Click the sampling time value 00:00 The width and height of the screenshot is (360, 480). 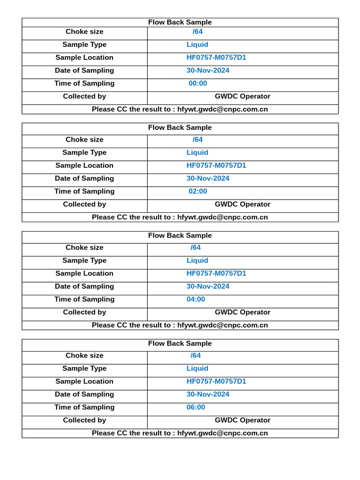click(x=197, y=83)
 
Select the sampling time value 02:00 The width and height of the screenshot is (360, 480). click(x=197, y=191)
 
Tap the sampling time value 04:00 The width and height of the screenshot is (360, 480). click(x=195, y=299)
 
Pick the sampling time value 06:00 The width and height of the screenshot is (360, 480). click(x=195, y=407)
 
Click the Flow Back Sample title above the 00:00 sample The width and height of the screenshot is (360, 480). click(x=180, y=22)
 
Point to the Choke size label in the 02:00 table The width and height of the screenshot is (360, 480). click(x=84, y=140)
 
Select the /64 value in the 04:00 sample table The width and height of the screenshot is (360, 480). click(x=195, y=247)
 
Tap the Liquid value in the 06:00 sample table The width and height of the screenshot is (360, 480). click(x=197, y=368)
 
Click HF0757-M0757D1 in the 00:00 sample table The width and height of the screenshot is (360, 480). click(x=216, y=58)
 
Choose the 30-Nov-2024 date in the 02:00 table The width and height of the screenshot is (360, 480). click(x=208, y=179)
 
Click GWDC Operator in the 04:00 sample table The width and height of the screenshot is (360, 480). click(x=242, y=312)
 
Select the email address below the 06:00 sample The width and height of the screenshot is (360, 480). click(x=223, y=433)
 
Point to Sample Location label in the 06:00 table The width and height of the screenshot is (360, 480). click(x=84, y=382)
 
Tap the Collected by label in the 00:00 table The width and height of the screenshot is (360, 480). click(x=84, y=97)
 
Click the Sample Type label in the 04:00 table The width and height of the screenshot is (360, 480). click(x=84, y=261)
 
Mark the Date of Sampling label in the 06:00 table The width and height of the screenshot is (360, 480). click(x=84, y=394)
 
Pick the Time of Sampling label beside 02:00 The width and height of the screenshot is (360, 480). click(x=84, y=191)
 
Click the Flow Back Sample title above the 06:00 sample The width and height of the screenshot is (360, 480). click(x=180, y=344)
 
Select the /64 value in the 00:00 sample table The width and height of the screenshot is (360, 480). click(x=197, y=32)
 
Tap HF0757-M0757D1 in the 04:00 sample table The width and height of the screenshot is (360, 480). click(x=216, y=273)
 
